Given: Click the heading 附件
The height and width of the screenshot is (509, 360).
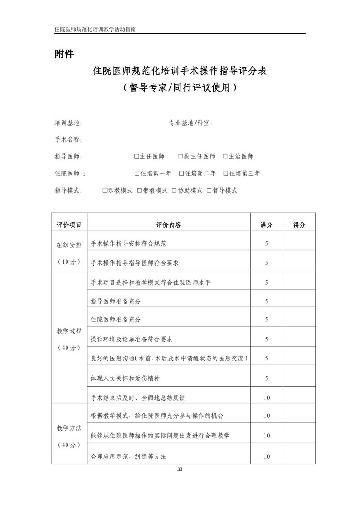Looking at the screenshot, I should click(64, 54).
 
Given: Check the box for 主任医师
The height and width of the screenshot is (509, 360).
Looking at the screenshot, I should click(136, 157).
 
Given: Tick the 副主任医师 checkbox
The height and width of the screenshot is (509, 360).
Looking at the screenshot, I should click(180, 157).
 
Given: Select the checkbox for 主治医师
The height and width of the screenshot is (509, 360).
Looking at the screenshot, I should click(225, 157).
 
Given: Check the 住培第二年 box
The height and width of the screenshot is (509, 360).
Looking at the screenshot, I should click(181, 173).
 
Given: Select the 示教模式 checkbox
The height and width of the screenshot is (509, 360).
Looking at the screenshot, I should click(105, 190).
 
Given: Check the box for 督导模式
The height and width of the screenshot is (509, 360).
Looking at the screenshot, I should click(209, 190).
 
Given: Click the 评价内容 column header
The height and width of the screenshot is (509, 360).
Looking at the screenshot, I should click(169, 225).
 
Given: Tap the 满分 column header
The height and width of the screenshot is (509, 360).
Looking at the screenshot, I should click(266, 225).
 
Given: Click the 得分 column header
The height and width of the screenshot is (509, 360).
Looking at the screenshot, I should click(299, 225).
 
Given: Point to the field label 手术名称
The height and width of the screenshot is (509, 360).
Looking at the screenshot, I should click(68, 140).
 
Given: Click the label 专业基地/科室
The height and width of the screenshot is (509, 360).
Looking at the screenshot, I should click(190, 123).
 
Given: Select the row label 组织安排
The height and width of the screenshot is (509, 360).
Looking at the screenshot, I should click(69, 245).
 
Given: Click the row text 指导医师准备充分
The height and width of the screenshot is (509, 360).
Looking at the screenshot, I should click(116, 301).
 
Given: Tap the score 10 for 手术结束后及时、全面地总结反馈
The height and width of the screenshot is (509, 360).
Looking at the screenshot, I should click(266, 397).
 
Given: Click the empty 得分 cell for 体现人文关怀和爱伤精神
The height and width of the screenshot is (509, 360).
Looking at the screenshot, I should click(299, 378).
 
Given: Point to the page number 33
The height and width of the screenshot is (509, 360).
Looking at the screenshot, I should click(180, 469).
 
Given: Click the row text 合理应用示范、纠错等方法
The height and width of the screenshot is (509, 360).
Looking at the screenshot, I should click(128, 456).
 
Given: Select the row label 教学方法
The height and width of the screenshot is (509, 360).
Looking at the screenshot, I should click(69, 428).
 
